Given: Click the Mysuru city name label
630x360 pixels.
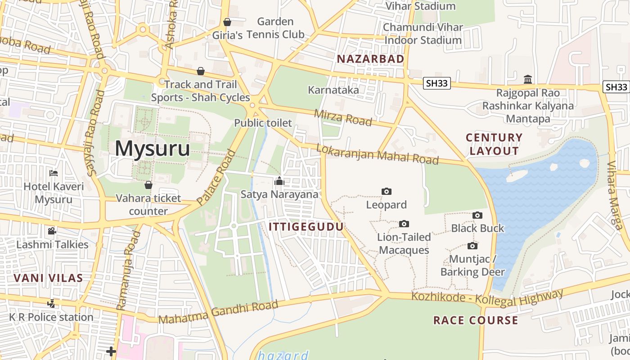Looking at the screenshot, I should (152, 148).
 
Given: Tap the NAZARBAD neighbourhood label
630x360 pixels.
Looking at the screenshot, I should (370, 59).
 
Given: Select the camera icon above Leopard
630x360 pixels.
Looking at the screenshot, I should (386, 192).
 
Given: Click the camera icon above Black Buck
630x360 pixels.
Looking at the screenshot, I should (477, 216).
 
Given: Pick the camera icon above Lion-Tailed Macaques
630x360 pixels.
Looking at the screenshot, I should (404, 224).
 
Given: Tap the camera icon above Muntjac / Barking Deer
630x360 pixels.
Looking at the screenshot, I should (472, 246).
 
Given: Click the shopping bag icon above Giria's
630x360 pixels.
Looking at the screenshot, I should (227, 22).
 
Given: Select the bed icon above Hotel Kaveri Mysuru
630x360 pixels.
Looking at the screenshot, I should (54, 173).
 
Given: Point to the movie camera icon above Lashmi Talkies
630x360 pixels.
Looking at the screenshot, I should (52, 231).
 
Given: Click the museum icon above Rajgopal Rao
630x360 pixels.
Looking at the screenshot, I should (528, 80).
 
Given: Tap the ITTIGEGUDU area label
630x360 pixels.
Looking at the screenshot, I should (306, 227).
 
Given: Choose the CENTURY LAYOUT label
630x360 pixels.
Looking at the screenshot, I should (494, 144).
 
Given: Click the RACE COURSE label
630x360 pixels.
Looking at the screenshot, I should (475, 320).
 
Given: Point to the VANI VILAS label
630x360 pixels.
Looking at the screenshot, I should (48, 278).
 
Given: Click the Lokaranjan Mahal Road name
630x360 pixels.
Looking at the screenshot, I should (377, 154).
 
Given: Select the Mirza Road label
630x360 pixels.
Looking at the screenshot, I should (343, 117).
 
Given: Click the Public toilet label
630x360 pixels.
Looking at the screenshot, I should (263, 123).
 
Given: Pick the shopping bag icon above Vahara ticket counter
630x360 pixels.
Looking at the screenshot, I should (148, 185).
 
